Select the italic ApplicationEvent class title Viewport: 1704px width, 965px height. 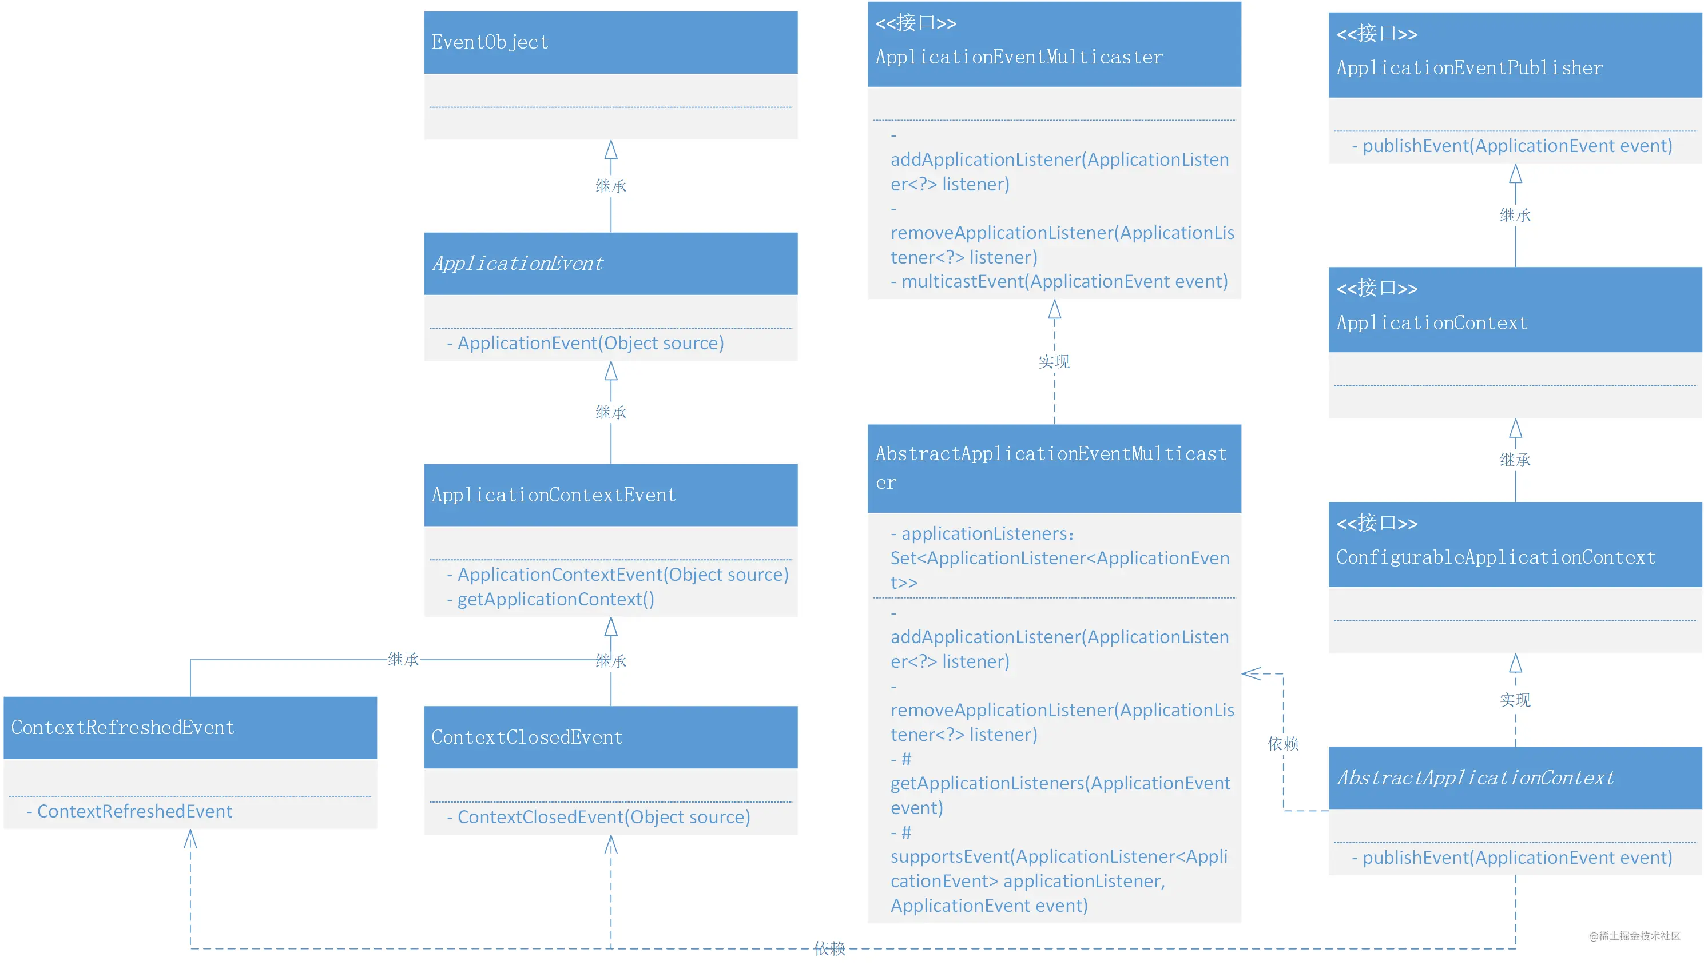(x=518, y=263)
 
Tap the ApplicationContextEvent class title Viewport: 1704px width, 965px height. (x=554, y=495)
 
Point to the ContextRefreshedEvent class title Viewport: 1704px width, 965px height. (x=122, y=727)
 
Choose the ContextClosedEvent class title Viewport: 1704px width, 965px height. (x=527, y=737)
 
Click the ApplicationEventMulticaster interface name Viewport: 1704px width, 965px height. (x=1019, y=57)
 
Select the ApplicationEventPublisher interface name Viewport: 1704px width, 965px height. (x=1469, y=67)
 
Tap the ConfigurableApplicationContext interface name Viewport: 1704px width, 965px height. (x=1496, y=557)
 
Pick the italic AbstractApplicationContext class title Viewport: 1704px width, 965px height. (x=1475, y=777)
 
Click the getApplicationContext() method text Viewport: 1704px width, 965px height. (x=555, y=599)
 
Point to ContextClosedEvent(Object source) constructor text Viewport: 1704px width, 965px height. (x=603, y=816)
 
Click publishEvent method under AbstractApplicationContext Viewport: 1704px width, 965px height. (x=1518, y=858)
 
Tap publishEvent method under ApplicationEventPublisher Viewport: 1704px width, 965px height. (x=1518, y=146)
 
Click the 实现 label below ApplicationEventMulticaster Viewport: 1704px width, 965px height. (x=1054, y=361)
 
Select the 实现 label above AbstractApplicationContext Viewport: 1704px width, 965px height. (x=1515, y=700)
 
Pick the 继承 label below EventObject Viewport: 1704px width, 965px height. (x=611, y=186)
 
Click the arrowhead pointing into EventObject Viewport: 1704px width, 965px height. (x=611, y=150)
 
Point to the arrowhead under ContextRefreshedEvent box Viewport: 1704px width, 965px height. (x=190, y=839)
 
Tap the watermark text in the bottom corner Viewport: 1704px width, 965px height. (x=1635, y=936)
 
